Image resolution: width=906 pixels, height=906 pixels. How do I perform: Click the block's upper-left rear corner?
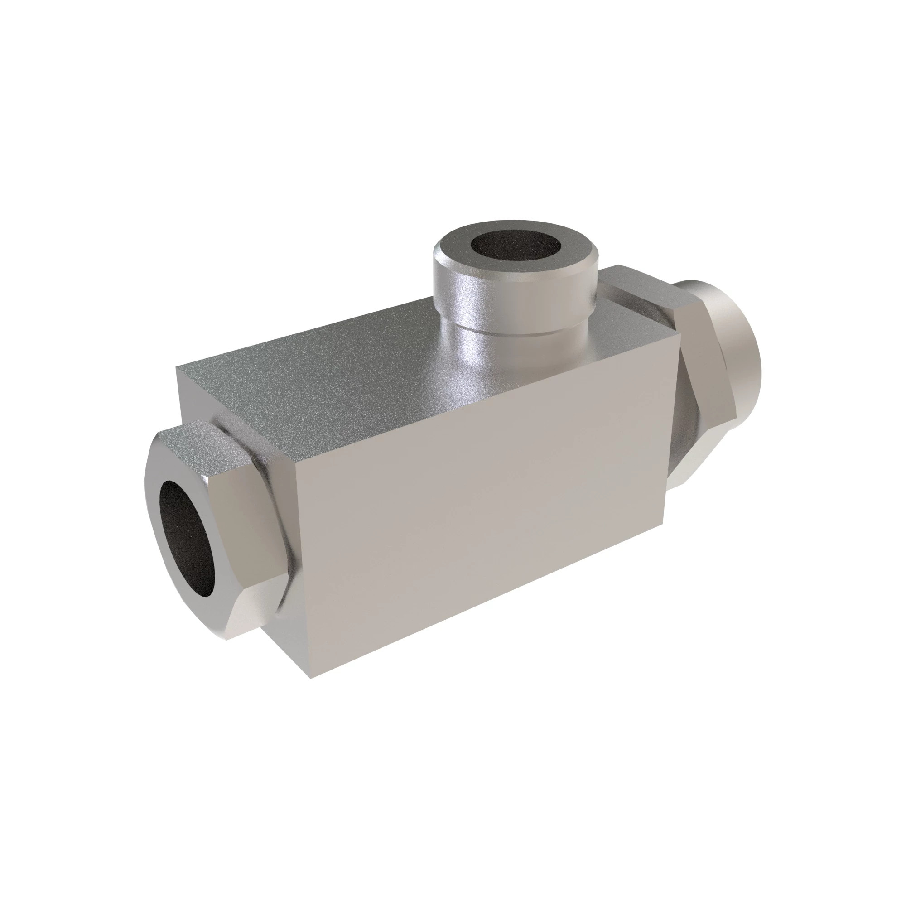[177, 369]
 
